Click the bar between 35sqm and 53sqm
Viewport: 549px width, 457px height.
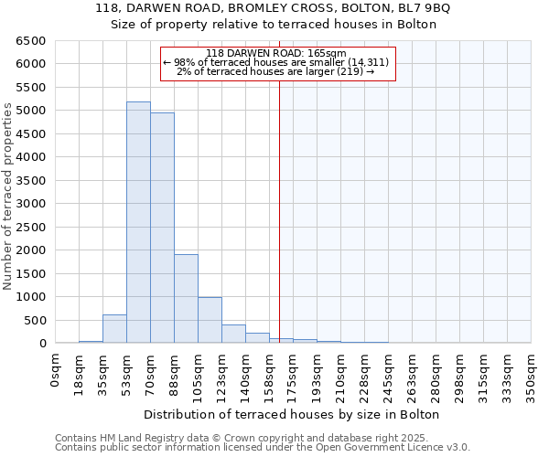(114, 329)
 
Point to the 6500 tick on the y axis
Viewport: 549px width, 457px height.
(34, 41)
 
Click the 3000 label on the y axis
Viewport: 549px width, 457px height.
(34, 204)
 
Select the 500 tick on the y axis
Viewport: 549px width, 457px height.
(38, 320)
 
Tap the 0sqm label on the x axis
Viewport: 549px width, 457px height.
(56, 370)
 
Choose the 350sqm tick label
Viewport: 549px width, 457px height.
(532, 375)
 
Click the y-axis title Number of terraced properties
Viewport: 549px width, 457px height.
(8, 197)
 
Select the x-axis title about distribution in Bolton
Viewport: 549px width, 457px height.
(293, 414)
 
